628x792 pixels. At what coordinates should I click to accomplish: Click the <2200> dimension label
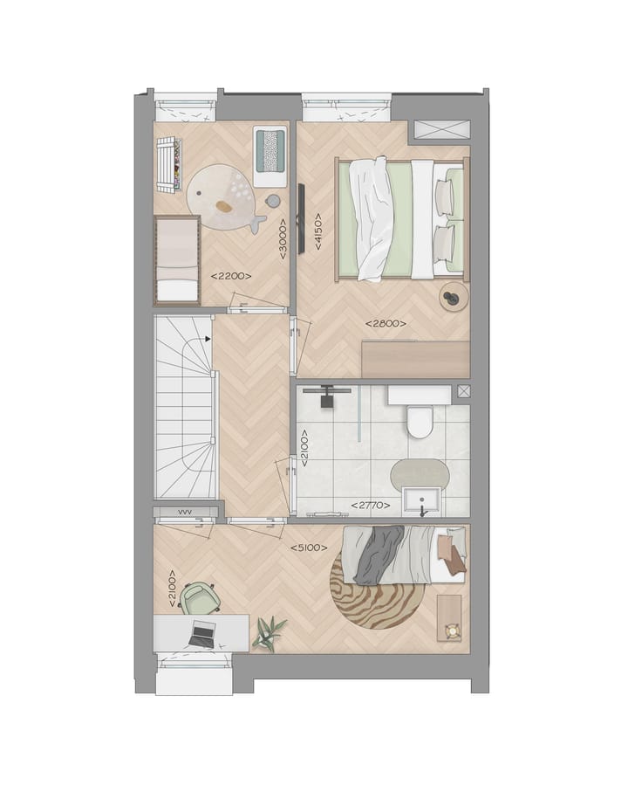tap(231, 276)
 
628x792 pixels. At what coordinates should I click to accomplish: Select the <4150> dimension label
tap(317, 231)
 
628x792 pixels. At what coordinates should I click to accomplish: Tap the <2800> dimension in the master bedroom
tap(385, 324)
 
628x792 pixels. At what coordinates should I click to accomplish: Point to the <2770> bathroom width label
tap(371, 505)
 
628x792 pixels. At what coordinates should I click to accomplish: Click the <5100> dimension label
tap(309, 548)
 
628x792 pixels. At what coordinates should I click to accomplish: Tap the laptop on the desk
tap(202, 634)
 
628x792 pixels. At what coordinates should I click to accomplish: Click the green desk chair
tap(201, 598)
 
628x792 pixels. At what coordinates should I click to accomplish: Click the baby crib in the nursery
tap(177, 260)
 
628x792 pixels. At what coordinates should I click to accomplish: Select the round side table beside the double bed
tap(453, 297)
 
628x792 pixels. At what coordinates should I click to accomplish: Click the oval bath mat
tap(420, 475)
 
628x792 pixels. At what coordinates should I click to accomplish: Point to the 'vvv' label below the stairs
tap(185, 513)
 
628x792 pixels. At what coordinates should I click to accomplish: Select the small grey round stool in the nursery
tap(273, 201)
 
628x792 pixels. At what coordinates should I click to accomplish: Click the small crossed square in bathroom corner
tap(463, 391)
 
